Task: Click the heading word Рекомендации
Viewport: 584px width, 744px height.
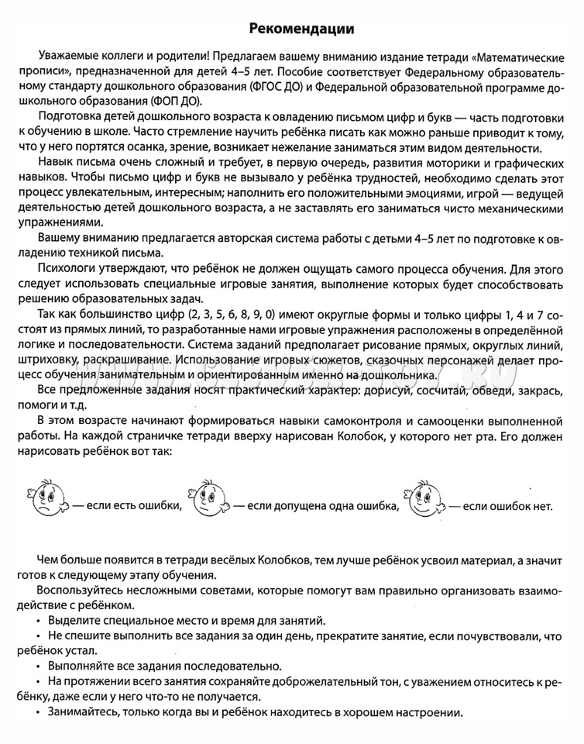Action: point(303,29)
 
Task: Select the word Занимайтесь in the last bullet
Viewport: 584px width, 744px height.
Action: point(84,712)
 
